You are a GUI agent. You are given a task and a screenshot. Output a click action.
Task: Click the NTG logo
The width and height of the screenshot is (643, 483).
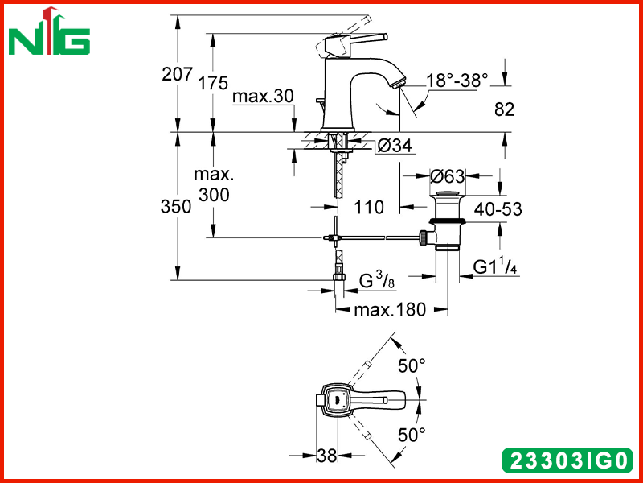[x=49, y=32]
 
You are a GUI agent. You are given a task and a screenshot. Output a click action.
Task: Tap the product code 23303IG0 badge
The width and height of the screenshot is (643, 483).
[x=567, y=460]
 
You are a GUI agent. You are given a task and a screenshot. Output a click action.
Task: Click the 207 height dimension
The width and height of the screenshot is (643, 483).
[x=177, y=74]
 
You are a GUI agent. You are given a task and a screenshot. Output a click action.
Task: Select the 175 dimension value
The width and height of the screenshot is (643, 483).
[x=213, y=84]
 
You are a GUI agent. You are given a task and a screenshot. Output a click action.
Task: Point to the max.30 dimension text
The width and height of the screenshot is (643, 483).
[x=263, y=97]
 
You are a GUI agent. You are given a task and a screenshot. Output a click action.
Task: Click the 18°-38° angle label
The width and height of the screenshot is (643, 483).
[x=457, y=80]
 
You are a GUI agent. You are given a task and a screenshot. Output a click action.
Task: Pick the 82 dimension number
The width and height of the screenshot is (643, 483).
[x=504, y=109]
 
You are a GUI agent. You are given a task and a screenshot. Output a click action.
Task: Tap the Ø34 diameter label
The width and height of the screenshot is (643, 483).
[x=395, y=146]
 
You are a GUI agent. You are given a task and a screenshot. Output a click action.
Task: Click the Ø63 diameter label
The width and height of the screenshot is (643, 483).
[x=448, y=176]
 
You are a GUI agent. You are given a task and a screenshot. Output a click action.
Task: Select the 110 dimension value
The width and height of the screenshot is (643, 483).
[x=369, y=207]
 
